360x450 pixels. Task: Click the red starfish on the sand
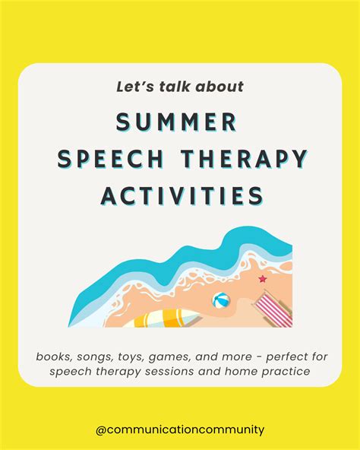pyautogui.click(x=263, y=279)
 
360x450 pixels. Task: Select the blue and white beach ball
pyautogui.click(x=221, y=301)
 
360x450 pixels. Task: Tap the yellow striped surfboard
pyautogui.click(x=167, y=319)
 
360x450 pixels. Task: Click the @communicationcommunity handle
pyautogui.click(x=180, y=430)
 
